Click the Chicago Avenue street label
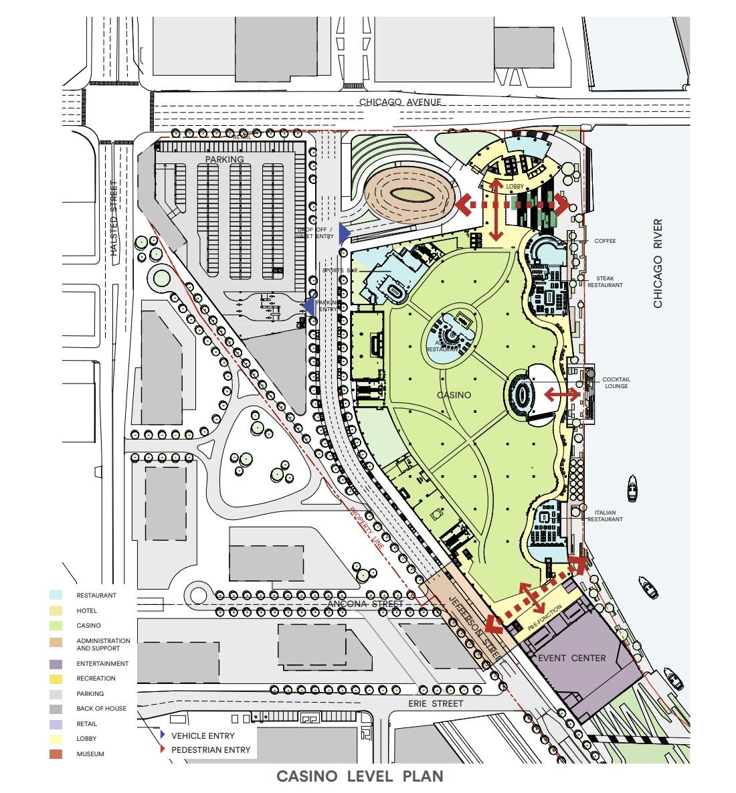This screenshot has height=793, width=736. pos(401,102)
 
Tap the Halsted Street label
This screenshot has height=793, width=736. pos(114,219)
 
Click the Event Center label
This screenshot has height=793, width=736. pos(572,658)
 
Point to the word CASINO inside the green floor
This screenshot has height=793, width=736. pos(454,395)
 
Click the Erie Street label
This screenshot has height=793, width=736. pos(436,703)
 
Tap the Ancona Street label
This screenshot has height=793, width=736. pos(365,604)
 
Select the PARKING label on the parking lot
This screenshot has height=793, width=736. pos(225,159)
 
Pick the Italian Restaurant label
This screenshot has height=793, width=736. pos(609,516)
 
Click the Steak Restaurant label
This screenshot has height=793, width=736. pos(605,281)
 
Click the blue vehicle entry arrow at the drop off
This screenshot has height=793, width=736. pos(343,233)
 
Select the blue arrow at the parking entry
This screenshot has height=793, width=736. pos(308,306)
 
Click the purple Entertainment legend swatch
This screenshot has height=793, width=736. pos(56,664)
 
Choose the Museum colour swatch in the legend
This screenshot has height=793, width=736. pos(56,754)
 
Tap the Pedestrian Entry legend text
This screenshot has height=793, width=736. pos(211,750)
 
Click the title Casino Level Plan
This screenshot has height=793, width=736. pos(360,776)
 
